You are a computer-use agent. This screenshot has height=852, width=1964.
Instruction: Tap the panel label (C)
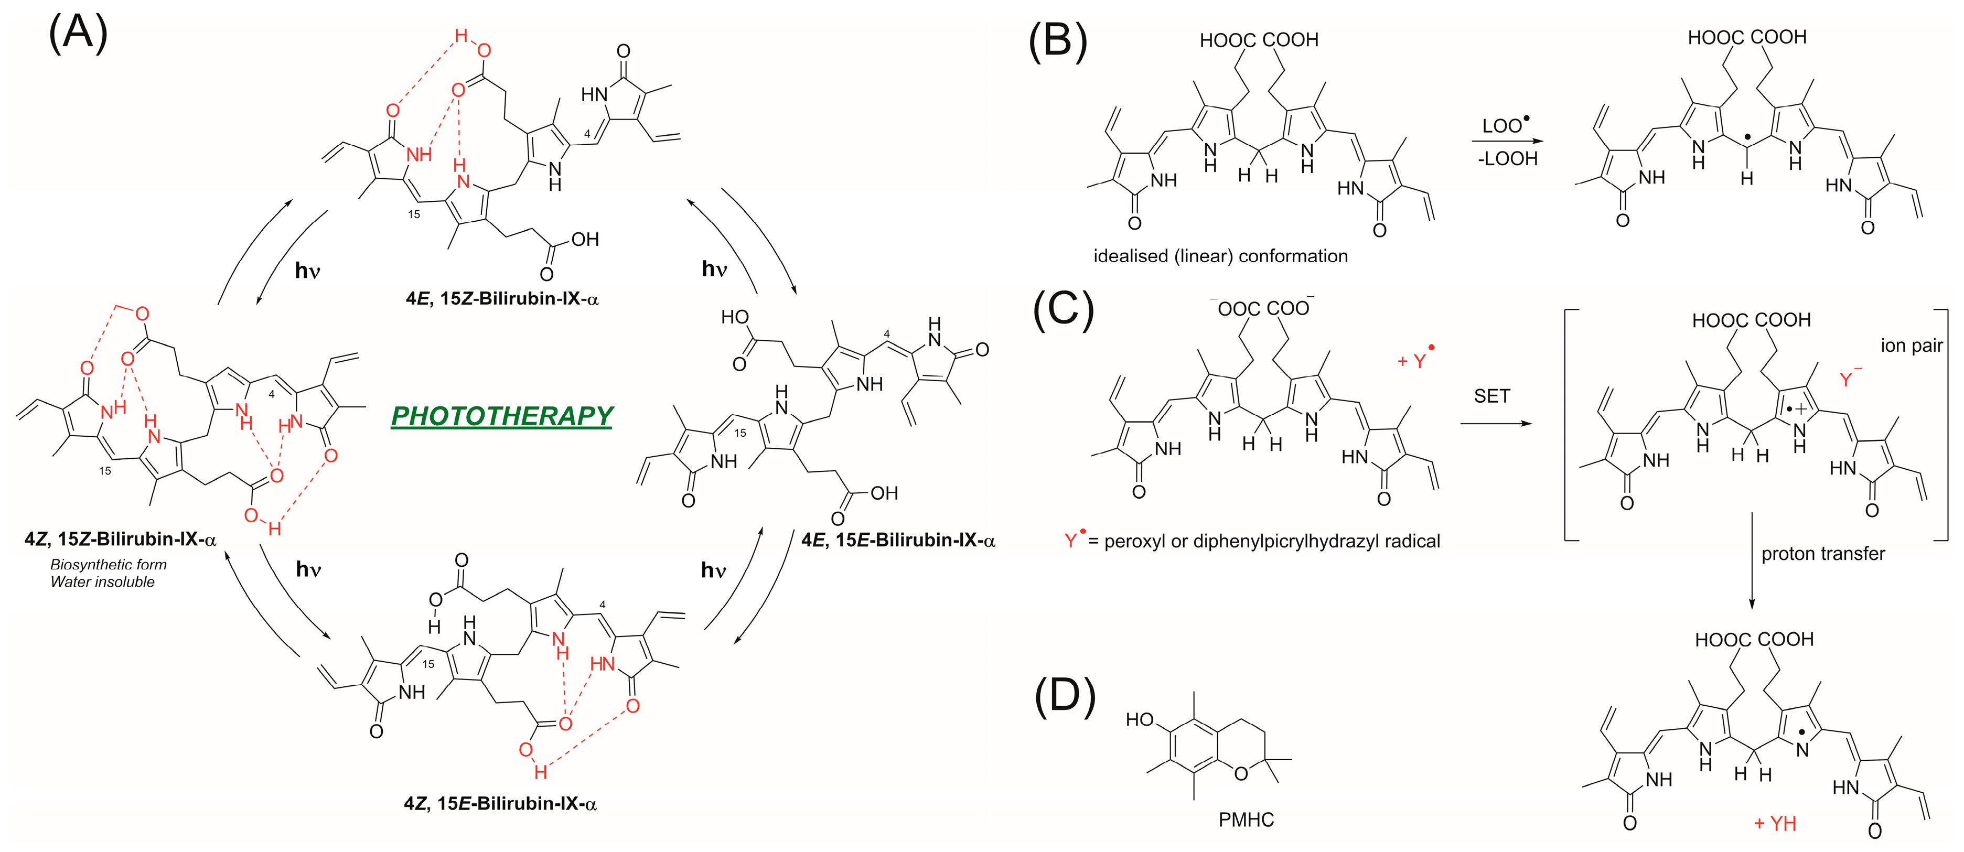1063,310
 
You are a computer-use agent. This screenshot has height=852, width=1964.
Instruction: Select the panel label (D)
1065,696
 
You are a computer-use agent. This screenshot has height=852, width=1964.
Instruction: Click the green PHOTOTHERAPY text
502,416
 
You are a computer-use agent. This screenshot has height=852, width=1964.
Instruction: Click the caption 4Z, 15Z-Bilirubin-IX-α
121,540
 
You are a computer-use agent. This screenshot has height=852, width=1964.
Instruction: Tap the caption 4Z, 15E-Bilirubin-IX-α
500,803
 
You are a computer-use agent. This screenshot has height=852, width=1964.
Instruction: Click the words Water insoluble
102,582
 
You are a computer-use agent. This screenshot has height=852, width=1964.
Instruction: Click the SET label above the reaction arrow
1491,396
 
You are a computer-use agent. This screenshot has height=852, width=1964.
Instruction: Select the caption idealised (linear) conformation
1220,256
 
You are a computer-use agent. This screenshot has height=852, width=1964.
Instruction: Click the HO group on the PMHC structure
1139,719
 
